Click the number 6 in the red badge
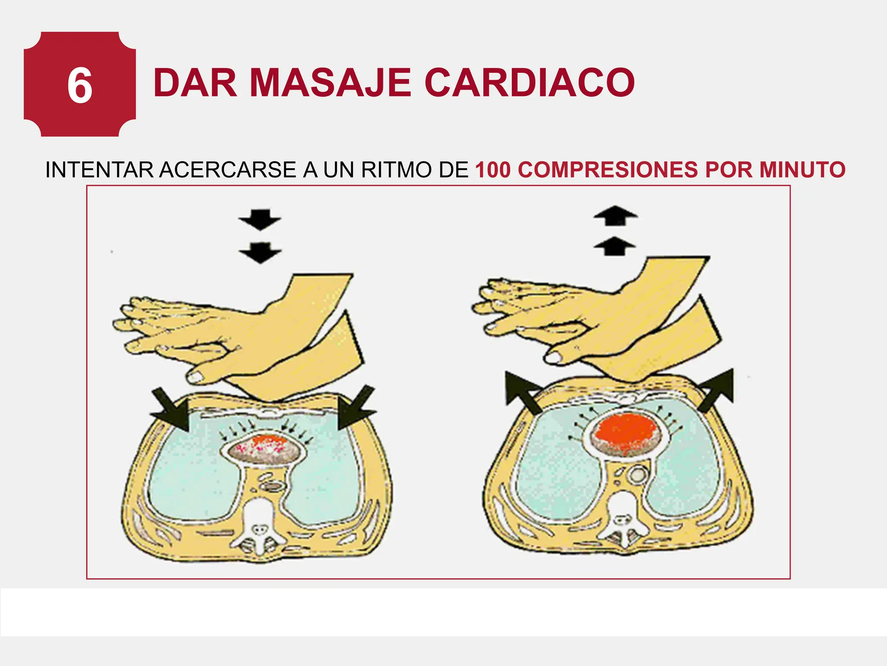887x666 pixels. pyautogui.click(x=80, y=86)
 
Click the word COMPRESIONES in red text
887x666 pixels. pyautogui.click(x=608, y=170)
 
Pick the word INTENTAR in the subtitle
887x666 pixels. pyautogui.click(x=99, y=170)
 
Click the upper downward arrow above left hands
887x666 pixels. pyautogui.click(x=260, y=219)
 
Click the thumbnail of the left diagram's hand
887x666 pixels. pyautogui.click(x=196, y=377)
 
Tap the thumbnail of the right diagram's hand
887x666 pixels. pyautogui.click(x=554, y=357)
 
